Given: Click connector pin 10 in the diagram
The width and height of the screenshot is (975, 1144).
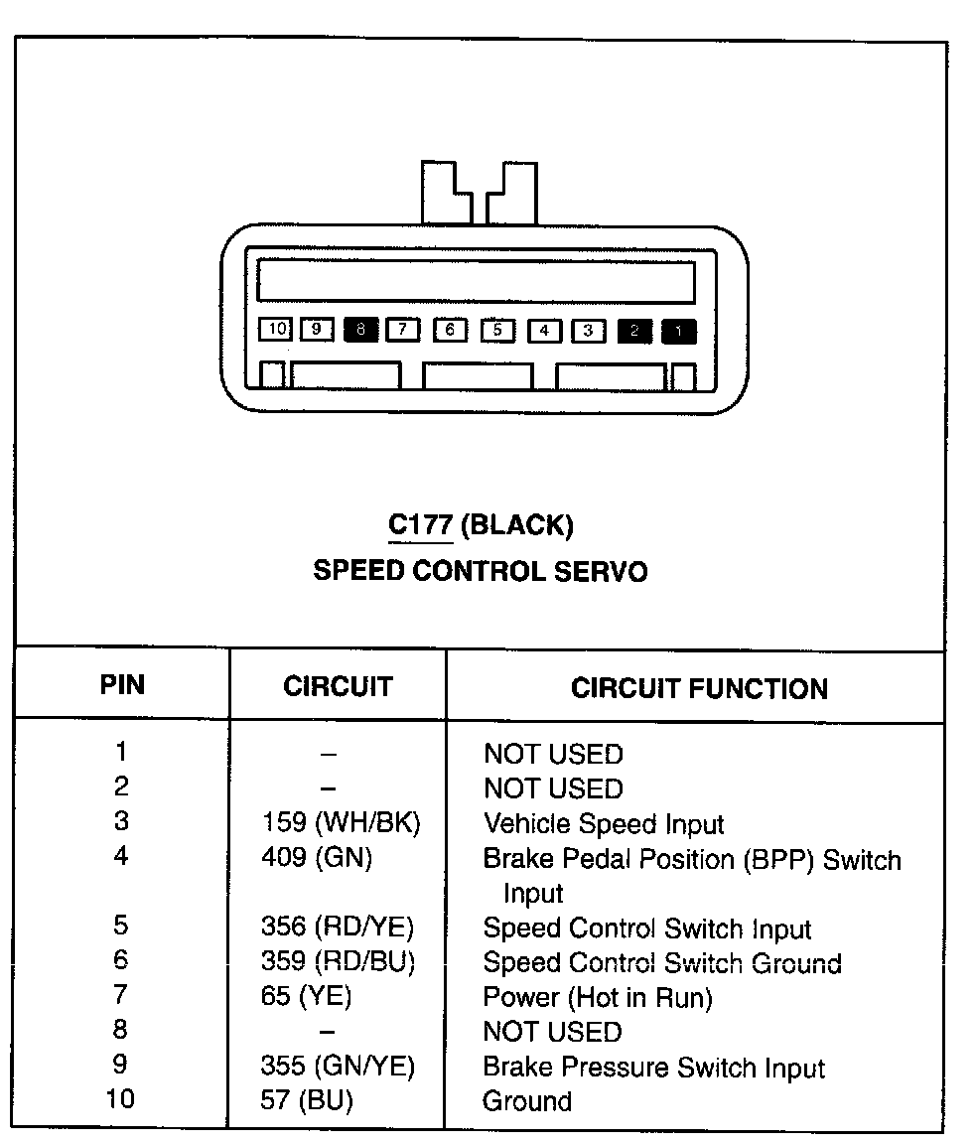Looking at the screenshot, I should pyautogui.click(x=275, y=329).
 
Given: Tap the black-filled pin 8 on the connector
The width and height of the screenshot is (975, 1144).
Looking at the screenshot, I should pyautogui.click(x=361, y=329).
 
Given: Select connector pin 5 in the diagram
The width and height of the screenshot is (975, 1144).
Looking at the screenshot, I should pyautogui.click(x=498, y=330).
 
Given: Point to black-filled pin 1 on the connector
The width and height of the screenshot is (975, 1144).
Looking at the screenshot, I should pyautogui.click(x=679, y=331).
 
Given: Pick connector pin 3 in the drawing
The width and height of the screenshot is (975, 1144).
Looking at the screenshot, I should pyautogui.click(x=589, y=330).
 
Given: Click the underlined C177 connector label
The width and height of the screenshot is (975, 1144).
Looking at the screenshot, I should pyautogui.click(x=420, y=524).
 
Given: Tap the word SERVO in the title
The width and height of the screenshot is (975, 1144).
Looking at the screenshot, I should pyautogui.click(x=606, y=571).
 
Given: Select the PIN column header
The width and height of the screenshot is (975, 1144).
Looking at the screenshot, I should pyautogui.click(x=122, y=685).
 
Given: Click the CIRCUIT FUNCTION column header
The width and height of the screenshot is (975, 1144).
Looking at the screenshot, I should pyautogui.click(x=699, y=688).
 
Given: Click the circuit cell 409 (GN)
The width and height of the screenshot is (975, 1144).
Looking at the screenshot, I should pyautogui.click(x=317, y=857).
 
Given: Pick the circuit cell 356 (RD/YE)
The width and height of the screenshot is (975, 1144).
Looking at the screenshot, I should pyautogui.click(x=338, y=927).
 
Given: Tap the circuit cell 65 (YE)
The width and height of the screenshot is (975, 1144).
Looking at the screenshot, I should pyautogui.click(x=306, y=995).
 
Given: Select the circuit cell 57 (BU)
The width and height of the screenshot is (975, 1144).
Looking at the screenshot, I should pyautogui.click(x=307, y=1100).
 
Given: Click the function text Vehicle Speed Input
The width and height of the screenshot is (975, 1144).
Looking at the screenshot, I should pyautogui.click(x=604, y=824).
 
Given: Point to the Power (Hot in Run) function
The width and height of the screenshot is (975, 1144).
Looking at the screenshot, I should pyautogui.click(x=598, y=996).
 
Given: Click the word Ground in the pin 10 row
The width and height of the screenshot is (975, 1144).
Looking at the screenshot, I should pyautogui.click(x=527, y=1100).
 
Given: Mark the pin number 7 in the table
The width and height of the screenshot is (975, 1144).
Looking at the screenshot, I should pyautogui.click(x=121, y=994).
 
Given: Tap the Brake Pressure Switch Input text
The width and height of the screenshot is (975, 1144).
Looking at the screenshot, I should pyautogui.click(x=653, y=1068).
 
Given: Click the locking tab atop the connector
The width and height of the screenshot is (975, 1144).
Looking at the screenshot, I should pyautogui.click(x=480, y=194).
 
